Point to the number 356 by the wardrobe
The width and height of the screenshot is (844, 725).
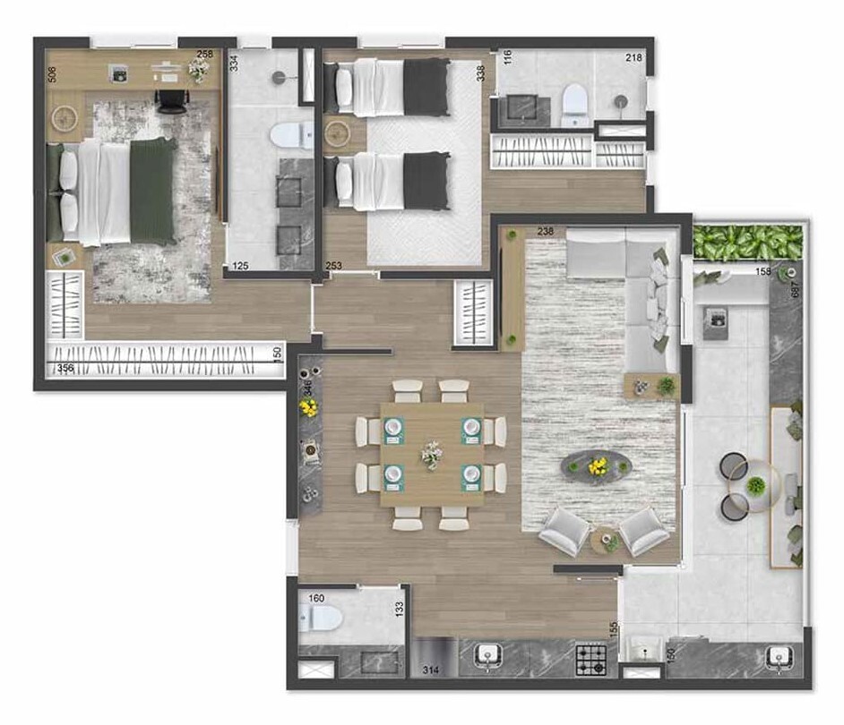[x=65, y=368]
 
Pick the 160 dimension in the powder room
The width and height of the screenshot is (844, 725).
[x=316, y=598]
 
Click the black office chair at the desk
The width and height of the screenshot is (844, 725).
[x=170, y=100]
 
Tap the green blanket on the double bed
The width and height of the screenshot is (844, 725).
[x=151, y=191]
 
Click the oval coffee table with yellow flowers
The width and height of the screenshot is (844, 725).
[x=596, y=465]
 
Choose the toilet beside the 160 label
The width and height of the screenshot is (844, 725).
[x=320, y=618]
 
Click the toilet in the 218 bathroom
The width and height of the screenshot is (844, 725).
[x=573, y=105]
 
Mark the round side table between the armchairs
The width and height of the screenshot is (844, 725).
[x=606, y=540]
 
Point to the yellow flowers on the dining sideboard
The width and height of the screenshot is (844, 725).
[x=309, y=408]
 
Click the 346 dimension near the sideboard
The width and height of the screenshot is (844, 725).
[x=307, y=388]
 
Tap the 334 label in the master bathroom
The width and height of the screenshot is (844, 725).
[x=234, y=63]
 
